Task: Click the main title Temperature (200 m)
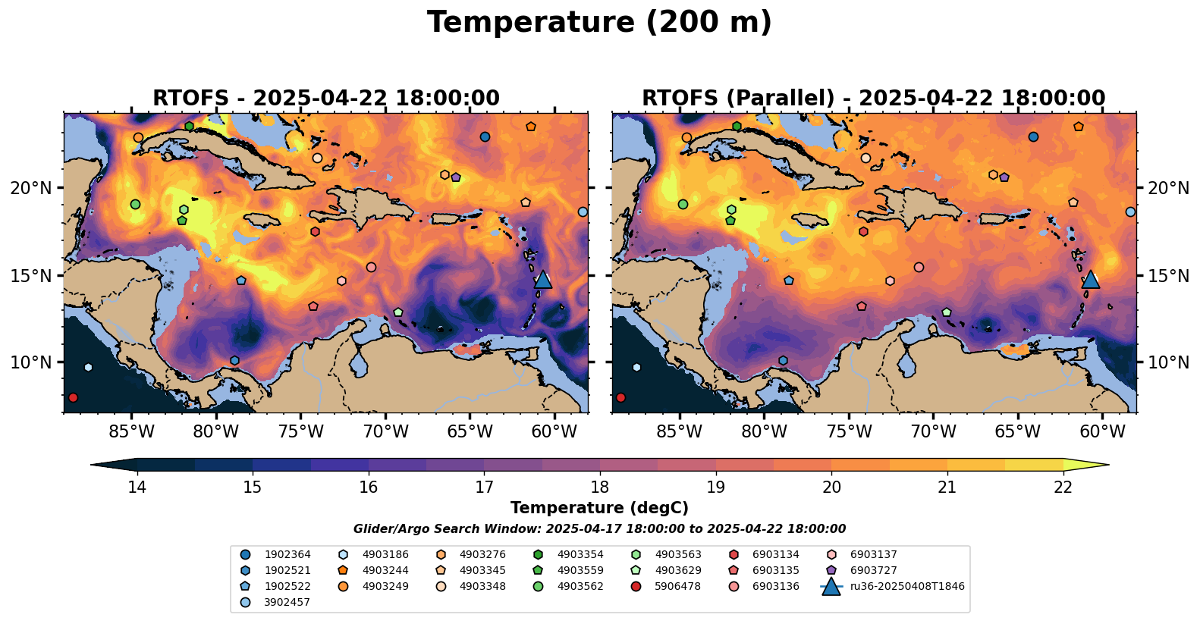pyautogui.click(x=599, y=23)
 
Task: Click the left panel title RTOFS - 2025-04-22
pyautogui.click(x=326, y=99)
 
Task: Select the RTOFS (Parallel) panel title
pyautogui.click(x=873, y=99)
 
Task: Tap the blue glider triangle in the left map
pyautogui.click(x=542, y=279)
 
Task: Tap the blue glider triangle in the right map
pyautogui.click(x=1090, y=279)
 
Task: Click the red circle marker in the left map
pyautogui.click(x=73, y=397)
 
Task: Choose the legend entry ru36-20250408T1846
pyautogui.click(x=906, y=586)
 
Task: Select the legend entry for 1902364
pyautogui.click(x=287, y=554)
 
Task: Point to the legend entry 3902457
pyautogui.click(x=287, y=602)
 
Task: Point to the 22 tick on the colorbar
pyautogui.click(x=1063, y=487)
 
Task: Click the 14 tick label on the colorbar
pyautogui.click(x=137, y=487)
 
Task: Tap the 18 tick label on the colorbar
pyautogui.click(x=600, y=487)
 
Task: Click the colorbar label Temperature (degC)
pyautogui.click(x=599, y=508)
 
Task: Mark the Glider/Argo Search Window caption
pyautogui.click(x=599, y=529)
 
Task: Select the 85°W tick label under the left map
pyautogui.click(x=131, y=432)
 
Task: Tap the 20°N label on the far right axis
pyautogui.click(x=1168, y=188)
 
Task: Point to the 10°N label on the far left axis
pyautogui.click(x=31, y=362)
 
